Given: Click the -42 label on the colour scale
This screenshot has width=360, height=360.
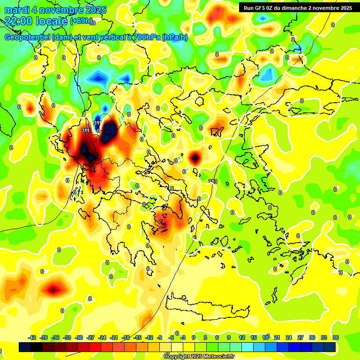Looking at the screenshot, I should click(x=32, y=337).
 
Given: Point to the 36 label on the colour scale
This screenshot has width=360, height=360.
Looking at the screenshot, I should click(x=336, y=337).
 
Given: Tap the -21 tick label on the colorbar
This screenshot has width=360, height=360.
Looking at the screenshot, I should click(x=114, y=337).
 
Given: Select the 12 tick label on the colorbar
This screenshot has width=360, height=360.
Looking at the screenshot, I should click(x=242, y=337).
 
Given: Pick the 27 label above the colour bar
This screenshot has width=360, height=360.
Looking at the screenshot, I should click(x=300, y=337).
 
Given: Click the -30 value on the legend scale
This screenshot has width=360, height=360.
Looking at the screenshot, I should click(x=79, y=337).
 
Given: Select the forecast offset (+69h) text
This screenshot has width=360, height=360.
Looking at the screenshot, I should click(x=81, y=21).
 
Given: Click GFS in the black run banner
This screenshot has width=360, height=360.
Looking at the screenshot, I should click(x=261, y=8).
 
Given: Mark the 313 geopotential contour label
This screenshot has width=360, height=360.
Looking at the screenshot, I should click(x=212, y=181).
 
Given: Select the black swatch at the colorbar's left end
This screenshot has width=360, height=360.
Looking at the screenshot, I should click(x=25, y=347).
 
